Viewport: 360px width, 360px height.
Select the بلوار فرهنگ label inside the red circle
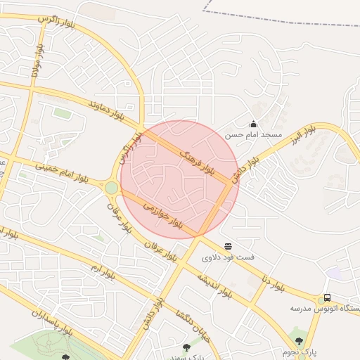[198, 162]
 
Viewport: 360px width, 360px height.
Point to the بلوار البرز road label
[304, 131]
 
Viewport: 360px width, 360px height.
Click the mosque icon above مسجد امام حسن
[253, 124]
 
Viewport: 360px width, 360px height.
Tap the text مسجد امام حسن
[253, 134]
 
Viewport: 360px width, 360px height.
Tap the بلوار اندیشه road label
[214, 284]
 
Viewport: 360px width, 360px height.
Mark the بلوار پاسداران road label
[51, 321]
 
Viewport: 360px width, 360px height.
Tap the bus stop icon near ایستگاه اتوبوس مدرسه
[327, 298]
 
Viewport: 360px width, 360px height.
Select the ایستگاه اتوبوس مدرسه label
[325, 308]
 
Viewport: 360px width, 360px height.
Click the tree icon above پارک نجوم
[300, 341]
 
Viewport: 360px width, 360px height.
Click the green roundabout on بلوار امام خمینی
[111, 188]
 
